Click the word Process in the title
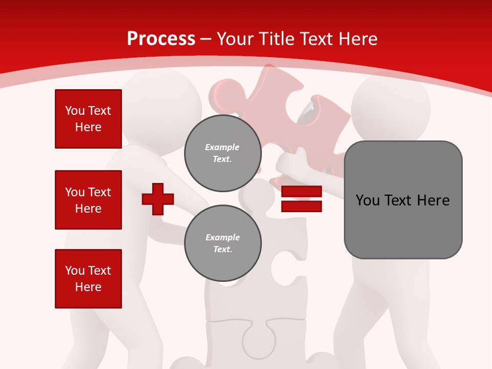161,38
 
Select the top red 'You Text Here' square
88,119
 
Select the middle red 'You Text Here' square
88,200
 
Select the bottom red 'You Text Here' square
88,279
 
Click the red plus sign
158,199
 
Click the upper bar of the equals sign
301,192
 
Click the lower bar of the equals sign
301,207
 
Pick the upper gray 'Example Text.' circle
222,153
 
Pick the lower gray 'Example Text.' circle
222,243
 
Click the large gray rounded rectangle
403,225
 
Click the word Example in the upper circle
222,147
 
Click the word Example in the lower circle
222,237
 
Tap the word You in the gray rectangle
367,200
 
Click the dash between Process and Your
206,39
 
